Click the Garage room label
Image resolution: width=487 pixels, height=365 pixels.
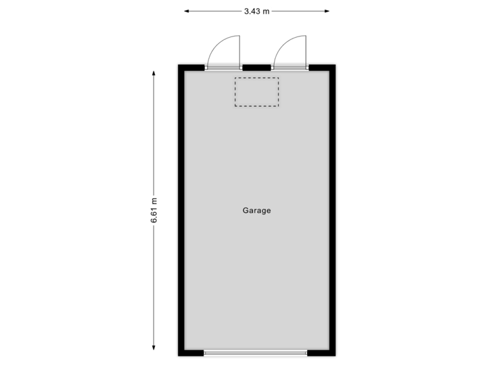click(x=256, y=210)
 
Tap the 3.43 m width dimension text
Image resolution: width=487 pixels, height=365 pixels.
click(x=256, y=11)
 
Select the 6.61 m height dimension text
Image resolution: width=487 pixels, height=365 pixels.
click(x=155, y=210)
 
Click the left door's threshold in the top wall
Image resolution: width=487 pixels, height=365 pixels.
click(x=224, y=67)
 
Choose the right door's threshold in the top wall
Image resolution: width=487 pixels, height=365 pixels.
click(x=290, y=67)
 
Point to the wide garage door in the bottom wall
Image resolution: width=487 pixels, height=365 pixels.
click(x=255, y=353)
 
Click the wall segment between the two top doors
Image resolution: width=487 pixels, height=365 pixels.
click(x=257, y=67)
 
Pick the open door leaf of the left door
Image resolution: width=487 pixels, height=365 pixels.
click(x=240, y=49)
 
